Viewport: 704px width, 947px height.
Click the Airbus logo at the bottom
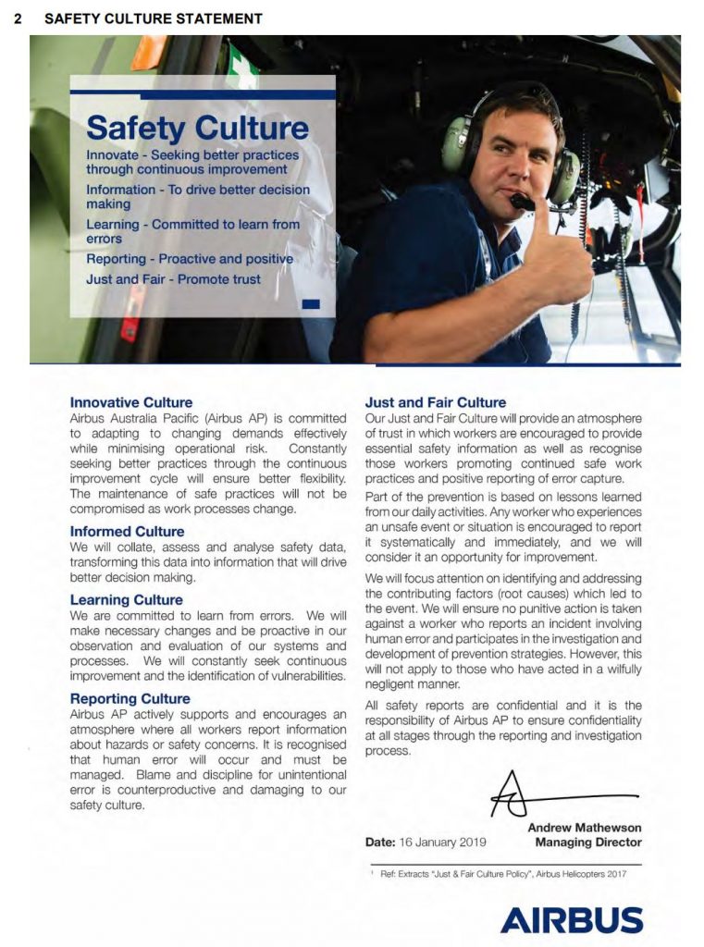click(572, 919)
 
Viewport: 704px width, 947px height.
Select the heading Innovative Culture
click(131, 403)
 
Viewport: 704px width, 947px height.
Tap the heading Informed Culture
click(127, 532)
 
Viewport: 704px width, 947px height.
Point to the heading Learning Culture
click(127, 600)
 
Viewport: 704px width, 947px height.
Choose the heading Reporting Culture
click(130, 699)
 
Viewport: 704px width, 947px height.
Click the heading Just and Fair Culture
click(436, 403)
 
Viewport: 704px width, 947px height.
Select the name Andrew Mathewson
click(585, 828)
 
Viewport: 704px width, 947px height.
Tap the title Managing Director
click(588, 842)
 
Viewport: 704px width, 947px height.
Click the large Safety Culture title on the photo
click(197, 129)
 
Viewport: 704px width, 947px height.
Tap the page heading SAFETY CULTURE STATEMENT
click(153, 18)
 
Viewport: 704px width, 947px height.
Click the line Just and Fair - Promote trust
click(173, 279)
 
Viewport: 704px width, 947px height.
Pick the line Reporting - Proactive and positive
click(190, 259)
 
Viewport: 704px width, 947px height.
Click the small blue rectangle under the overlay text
click(311, 303)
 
